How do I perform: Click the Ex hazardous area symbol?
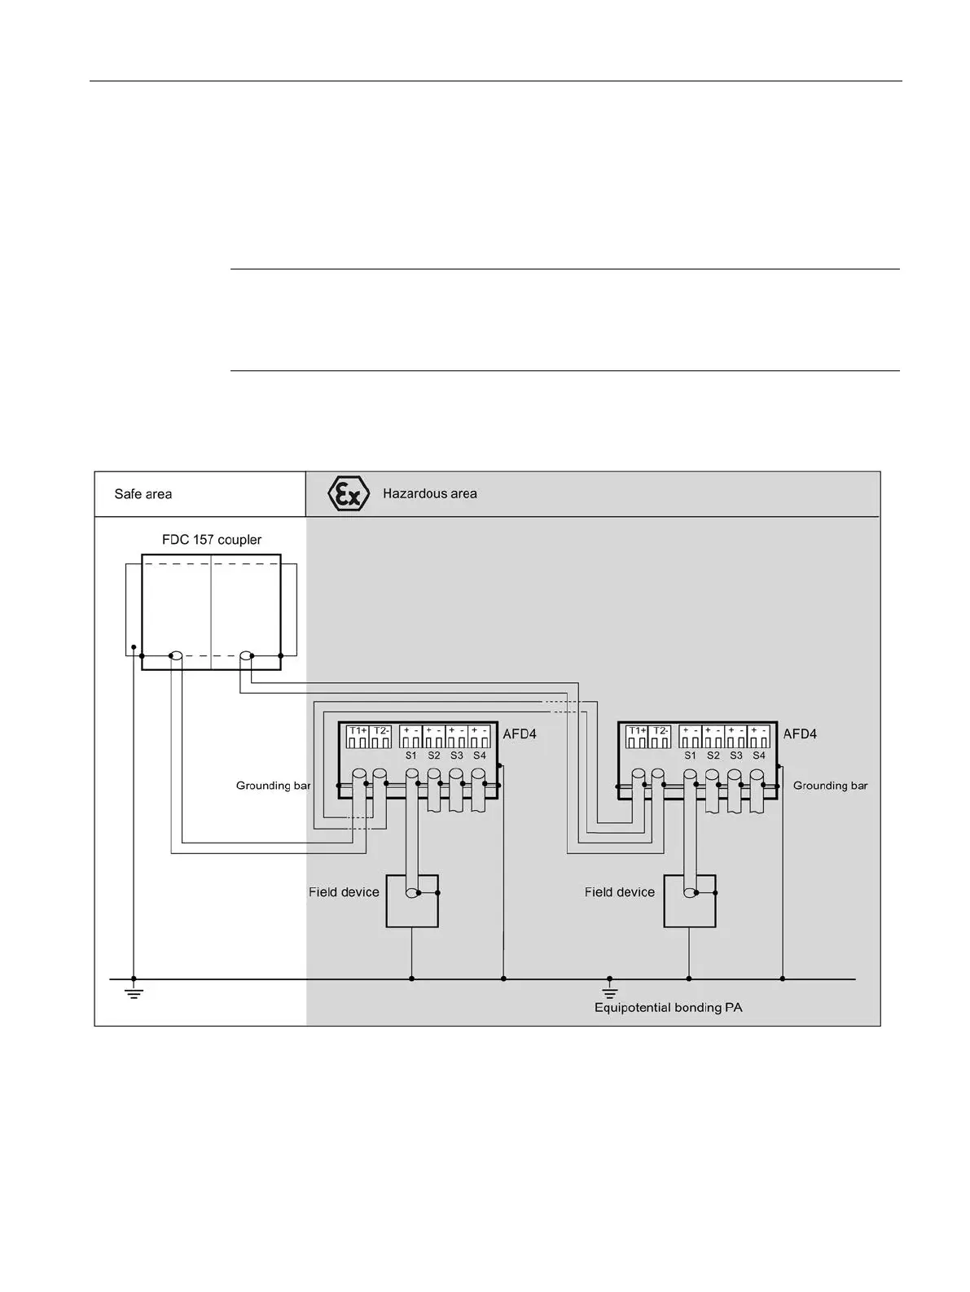pyautogui.click(x=348, y=494)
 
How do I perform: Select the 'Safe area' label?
pyautogui.click(x=143, y=494)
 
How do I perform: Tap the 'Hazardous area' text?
pyautogui.click(x=429, y=493)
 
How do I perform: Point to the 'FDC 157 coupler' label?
pyautogui.click(x=212, y=540)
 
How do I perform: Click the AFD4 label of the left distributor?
pyautogui.click(x=520, y=734)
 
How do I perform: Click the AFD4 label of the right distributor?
pyautogui.click(x=800, y=734)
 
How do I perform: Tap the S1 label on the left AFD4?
pyautogui.click(x=411, y=755)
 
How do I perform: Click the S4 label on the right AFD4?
pyautogui.click(x=759, y=755)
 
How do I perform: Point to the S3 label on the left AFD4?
pyautogui.click(x=457, y=755)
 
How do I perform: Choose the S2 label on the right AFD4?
pyautogui.click(x=713, y=755)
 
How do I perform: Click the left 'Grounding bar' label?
pyautogui.click(x=273, y=786)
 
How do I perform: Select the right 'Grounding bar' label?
pyautogui.click(x=830, y=786)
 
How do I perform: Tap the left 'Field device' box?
pyautogui.click(x=412, y=901)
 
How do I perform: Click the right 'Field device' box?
pyautogui.click(x=690, y=901)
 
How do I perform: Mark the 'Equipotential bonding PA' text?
pyautogui.click(x=668, y=1008)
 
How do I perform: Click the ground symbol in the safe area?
pyautogui.click(x=134, y=992)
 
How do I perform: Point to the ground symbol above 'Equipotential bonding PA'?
pyautogui.click(x=610, y=991)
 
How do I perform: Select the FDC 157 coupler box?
pyautogui.click(x=211, y=612)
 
